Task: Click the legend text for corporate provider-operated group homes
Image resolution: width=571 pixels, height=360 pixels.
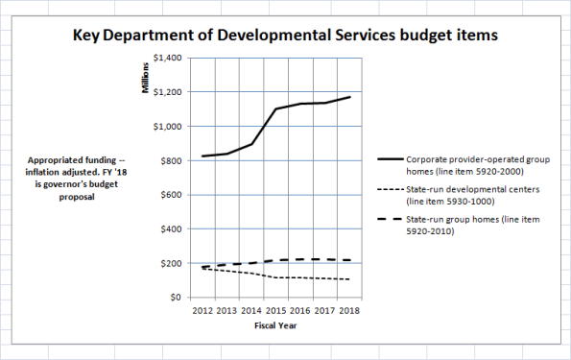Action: pos(462,164)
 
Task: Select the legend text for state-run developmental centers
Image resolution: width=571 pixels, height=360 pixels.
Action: pos(462,197)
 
